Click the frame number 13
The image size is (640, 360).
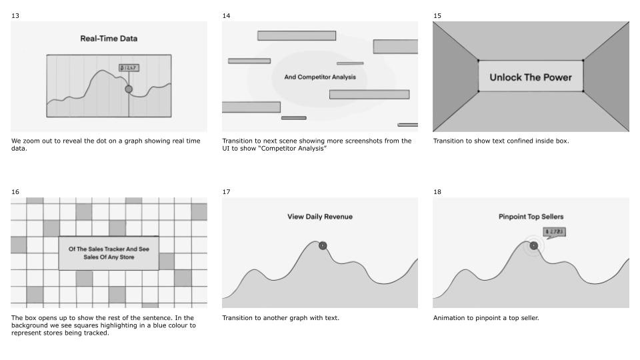pos(15,15)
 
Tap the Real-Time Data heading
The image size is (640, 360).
pos(109,39)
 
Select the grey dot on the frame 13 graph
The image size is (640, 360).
pos(129,89)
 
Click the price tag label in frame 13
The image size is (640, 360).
pos(129,68)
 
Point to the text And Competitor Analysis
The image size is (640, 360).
pos(320,77)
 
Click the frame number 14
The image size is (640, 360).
pos(226,15)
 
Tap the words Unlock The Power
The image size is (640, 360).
pos(531,77)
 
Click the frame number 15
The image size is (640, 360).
pos(437,15)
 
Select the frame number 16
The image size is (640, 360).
pos(15,192)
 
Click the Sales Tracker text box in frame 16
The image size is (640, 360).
pos(109,253)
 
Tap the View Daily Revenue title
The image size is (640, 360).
pos(320,217)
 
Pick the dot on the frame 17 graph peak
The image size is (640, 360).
pos(323,245)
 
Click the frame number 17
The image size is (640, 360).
pos(226,192)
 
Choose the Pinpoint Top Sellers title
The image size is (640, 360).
pos(531,217)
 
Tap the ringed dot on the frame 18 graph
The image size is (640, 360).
pos(533,245)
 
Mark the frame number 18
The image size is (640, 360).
pos(437,192)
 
